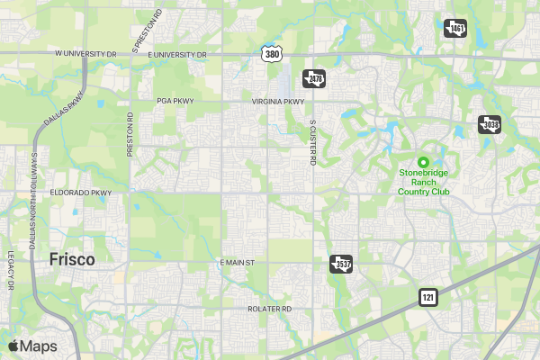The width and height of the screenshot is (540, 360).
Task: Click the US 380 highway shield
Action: [272, 54]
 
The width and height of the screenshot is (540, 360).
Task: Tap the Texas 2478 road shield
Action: [312, 78]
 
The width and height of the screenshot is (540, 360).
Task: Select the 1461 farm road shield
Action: [455, 28]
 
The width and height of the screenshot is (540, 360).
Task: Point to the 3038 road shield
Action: [488, 123]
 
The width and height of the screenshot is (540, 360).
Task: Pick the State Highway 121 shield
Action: [428, 296]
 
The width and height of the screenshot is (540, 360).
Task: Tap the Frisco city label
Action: [72, 259]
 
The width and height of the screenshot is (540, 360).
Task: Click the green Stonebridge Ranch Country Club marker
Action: [423, 161]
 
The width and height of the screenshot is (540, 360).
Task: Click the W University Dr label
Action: [86, 54]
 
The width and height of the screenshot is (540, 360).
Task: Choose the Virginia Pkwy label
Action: [278, 102]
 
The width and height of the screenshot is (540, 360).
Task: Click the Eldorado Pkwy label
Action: [80, 193]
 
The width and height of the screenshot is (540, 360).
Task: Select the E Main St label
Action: [238, 262]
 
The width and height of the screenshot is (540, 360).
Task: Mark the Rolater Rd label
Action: [270, 309]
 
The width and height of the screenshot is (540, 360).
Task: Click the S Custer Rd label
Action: [313, 143]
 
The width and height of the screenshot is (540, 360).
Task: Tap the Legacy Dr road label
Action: [12, 269]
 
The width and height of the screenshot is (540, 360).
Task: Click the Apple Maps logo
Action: [32, 346]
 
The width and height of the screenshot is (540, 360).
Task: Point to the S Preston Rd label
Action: [148, 29]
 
